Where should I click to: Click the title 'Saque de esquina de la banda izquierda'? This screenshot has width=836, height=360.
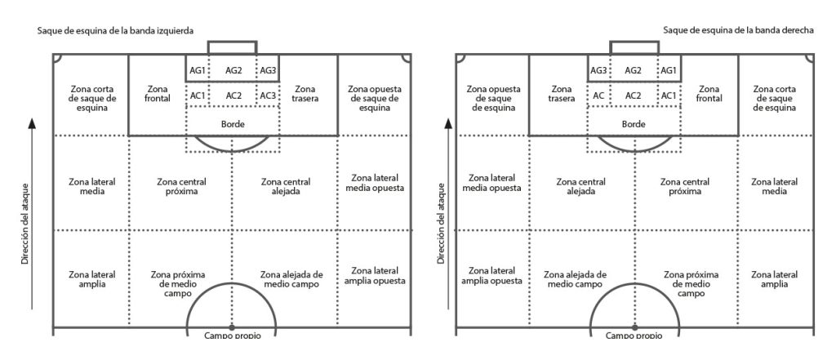(x=114, y=31)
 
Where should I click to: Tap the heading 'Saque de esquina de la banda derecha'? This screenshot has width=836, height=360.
(x=737, y=30)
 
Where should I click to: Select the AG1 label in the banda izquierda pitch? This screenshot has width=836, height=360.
(x=197, y=70)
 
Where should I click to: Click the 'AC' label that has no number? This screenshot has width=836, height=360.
(x=598, y=96)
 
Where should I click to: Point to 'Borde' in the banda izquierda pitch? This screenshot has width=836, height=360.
(x=233, y=124)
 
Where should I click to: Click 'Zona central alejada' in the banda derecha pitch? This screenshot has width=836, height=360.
(x=583, y=186)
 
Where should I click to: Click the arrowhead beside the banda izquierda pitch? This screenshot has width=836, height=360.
(x=32, y=123)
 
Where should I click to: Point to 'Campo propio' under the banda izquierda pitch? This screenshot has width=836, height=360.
(x=233, y=335)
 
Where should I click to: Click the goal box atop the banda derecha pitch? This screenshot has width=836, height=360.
(x=634, y=47)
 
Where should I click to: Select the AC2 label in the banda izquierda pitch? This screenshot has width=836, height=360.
(x=233, y=96)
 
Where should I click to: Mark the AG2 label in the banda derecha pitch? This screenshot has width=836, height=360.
(x=633, y=70)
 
